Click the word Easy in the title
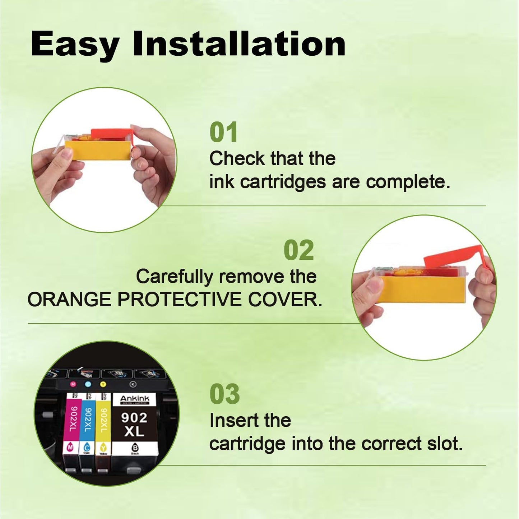point(75,45)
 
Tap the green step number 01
point(223,132)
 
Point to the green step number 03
point(224,394)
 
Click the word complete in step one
point(408,182)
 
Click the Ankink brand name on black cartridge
point(134,399)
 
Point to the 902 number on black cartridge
point(134,418)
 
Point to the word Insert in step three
point(228,420)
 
